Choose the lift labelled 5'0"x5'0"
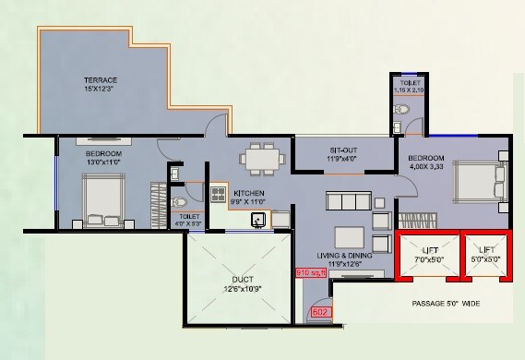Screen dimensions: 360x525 pos(484,255)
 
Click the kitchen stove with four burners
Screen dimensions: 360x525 pos(219,194)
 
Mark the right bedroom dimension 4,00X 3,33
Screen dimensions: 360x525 pos(428,168)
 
